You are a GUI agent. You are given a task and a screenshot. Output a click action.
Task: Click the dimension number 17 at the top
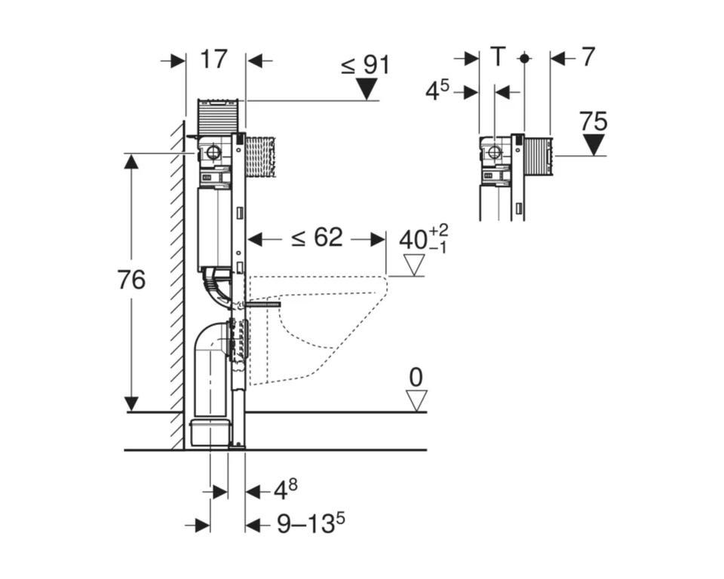pyautogui.click(x=214, y=60)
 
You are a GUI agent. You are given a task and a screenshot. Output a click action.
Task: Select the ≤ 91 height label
pyautogui.click(x=366, y=65)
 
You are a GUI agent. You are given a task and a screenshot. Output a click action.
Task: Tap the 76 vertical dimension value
pyautogui.click(x=131, y=280)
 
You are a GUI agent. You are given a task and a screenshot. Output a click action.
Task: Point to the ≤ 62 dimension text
pyautogui.click(x=318, y=237)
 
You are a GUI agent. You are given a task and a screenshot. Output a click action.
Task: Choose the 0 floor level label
pyautogui.click(x=416, y=378)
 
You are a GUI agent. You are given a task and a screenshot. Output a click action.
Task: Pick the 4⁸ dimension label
pyautogui.click(x=286, y=489)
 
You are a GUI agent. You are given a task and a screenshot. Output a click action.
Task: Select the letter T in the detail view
pyautogui.click(x=498, y=57)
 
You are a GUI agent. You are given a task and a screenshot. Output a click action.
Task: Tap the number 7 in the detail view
pyautogui.click(x=587, y=57)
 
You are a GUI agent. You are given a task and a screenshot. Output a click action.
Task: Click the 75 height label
pyautogui.click(x=594, y=122)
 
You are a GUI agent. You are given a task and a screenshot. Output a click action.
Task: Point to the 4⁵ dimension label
pyautogui.click(x=437, y=90)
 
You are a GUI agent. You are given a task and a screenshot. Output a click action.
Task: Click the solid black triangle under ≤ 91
pyautogui.click(x=367, y=89)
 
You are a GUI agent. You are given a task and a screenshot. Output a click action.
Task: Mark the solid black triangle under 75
pyautogui.click(x=594, y=145)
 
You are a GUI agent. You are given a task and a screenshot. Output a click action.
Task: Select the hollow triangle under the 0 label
pyautogui.click(x=416, y=401)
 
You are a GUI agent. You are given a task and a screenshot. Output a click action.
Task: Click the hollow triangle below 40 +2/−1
pyautogui.click(x=413, y=265)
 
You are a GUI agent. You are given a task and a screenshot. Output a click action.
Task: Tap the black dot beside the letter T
pyautogui.click(x=524, y=59)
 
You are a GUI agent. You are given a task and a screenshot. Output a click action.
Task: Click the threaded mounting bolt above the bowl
pyautogui.click(x=263, y=305)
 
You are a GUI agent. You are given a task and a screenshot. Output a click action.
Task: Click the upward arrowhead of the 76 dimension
pyautogui.click(x=132, y=162)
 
